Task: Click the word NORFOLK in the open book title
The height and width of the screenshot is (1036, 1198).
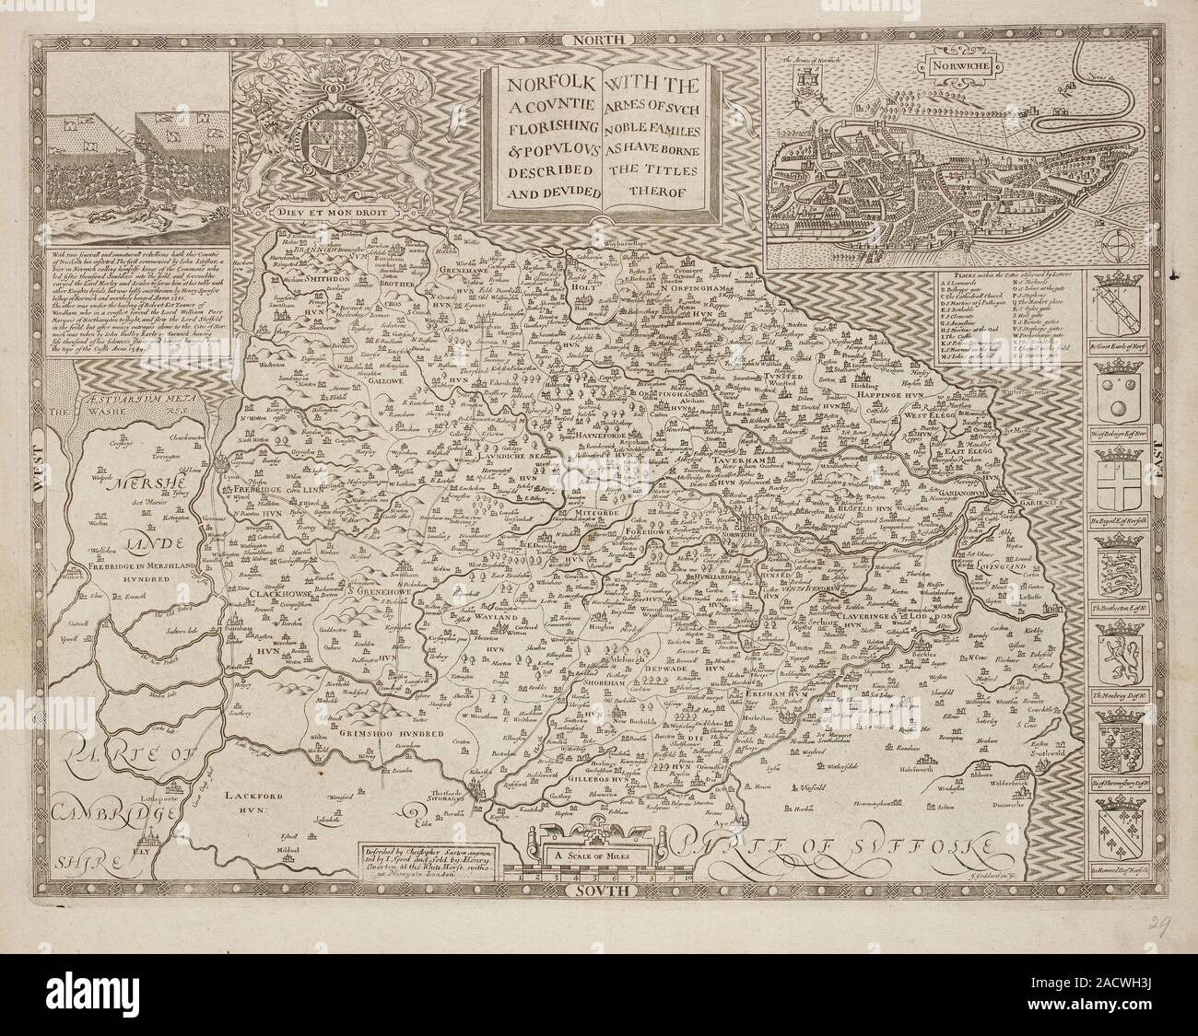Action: coord(539,82)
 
